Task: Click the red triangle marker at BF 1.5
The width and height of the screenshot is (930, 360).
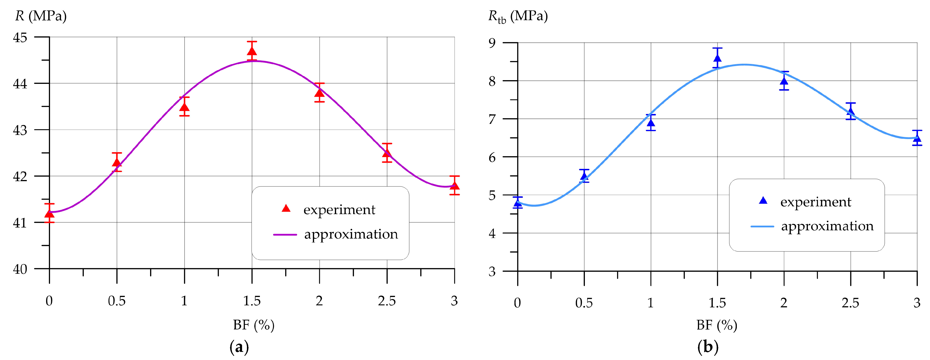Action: coord(252,51)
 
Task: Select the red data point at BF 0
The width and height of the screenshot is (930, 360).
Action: coord(50,214)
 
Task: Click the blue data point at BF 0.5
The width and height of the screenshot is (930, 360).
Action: coord(584,177)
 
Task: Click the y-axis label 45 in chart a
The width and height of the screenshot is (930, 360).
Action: coord(20,38)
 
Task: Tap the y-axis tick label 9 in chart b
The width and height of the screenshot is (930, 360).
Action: coord(492,43)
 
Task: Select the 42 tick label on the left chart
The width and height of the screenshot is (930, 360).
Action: coord(20,177)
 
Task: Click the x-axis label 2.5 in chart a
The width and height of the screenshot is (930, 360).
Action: coord(387,301)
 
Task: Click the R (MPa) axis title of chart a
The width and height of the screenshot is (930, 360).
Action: coord(41,16)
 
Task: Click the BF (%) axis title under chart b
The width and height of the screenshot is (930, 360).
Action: coord(717,325)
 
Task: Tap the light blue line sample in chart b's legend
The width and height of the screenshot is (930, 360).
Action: coord(762,226)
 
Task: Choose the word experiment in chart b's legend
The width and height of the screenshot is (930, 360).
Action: coord(816,202)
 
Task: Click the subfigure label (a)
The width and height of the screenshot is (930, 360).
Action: coord(239,347)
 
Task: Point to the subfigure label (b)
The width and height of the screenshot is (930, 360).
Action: coord(708,347)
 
